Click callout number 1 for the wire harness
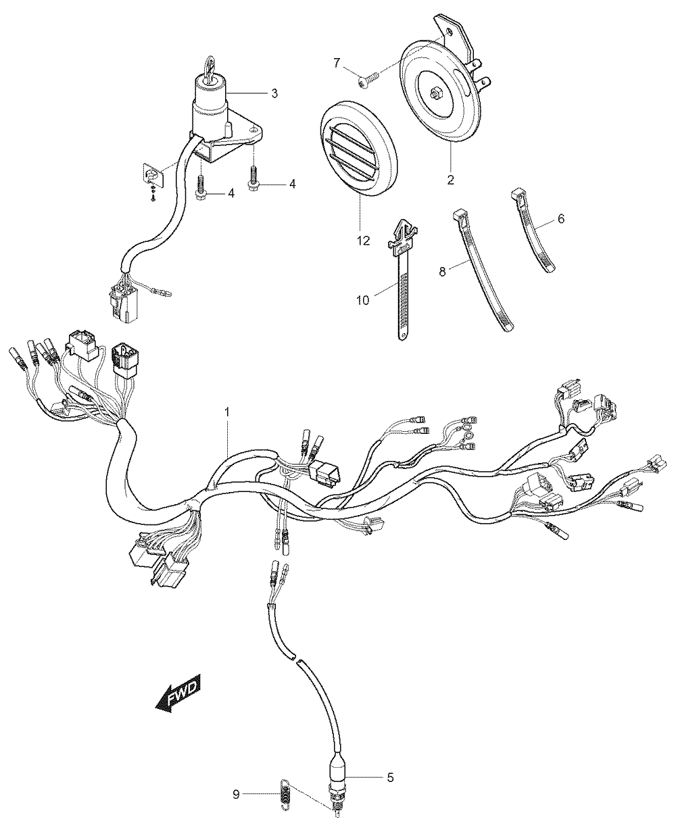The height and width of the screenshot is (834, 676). pyautogui.click(x=226, y=412)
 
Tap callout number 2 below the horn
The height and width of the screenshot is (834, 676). pyautogui.click(x=451, y=180)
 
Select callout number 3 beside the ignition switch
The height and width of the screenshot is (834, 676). pyautogui.click(x=274, y=93)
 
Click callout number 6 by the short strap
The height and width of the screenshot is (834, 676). pyautogui.click(x=561, y=219)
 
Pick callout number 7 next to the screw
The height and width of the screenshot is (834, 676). pyautogui.click(x=337, y=63)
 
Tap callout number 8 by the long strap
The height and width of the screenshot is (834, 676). pyautogui.click(x=442, y=272)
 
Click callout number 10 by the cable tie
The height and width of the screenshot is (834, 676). pyautogui.click(x=363, y=300)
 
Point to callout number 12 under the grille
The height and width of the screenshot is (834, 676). pyautogui.click(x=364, y=241)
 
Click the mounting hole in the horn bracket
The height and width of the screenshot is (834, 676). pyautogui.click(x=448, y=34)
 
